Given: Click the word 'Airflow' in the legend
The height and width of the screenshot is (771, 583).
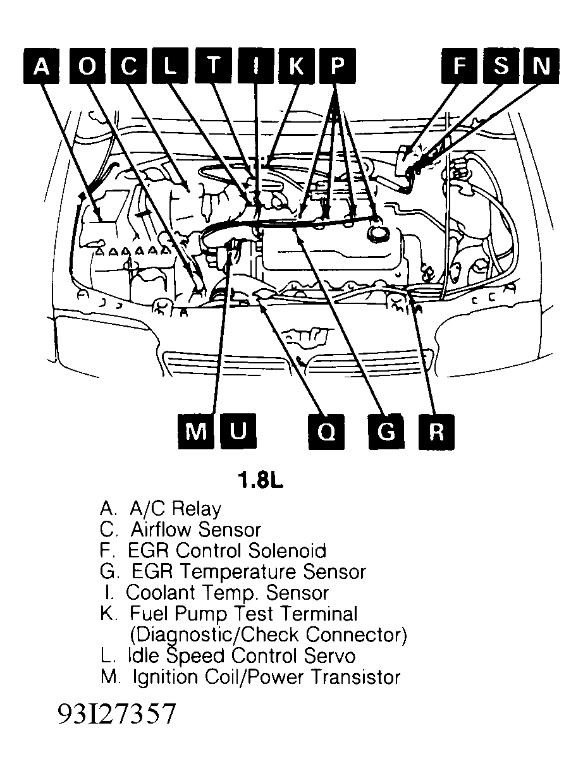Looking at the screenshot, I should click(x=161, y=529).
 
